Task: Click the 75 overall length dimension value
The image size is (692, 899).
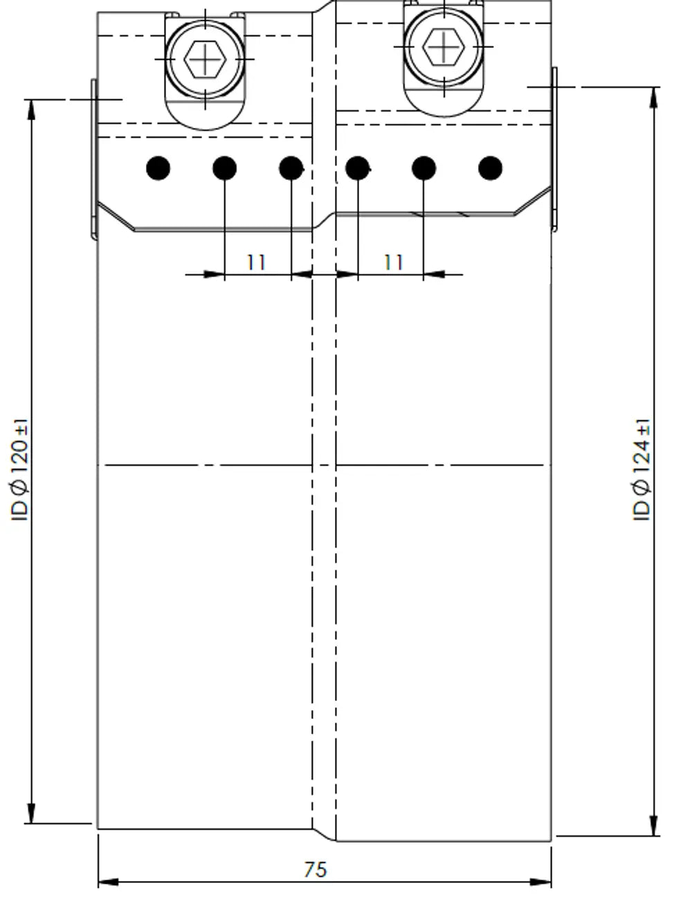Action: point(315,870)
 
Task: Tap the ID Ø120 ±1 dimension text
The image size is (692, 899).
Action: point(19,470)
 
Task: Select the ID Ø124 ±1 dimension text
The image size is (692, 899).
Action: point(641,470)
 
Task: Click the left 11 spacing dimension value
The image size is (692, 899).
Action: point(256,262)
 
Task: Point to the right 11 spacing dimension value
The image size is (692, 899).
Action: point(393,262)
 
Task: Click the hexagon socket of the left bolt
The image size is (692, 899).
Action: point(205,60)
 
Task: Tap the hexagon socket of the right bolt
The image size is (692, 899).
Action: point(444,47)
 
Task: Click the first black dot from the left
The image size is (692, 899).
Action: point(158,168)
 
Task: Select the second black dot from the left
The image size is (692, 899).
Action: point(225,168)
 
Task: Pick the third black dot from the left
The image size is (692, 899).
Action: point(291,168)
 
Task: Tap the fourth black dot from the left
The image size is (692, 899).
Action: point(357,168)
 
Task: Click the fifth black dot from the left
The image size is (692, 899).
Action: point(424,168)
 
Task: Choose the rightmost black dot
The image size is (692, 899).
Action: point(490,168)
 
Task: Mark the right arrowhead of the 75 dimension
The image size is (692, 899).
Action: point(540,882)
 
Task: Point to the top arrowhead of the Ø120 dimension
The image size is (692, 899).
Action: point(31,110)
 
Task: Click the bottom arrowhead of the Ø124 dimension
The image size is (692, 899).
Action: point(653,825)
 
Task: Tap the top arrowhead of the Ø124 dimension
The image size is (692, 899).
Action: point(653,98)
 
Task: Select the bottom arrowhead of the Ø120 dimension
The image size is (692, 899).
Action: point(31,812)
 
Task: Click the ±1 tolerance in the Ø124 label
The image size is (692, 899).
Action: point(644,428)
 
